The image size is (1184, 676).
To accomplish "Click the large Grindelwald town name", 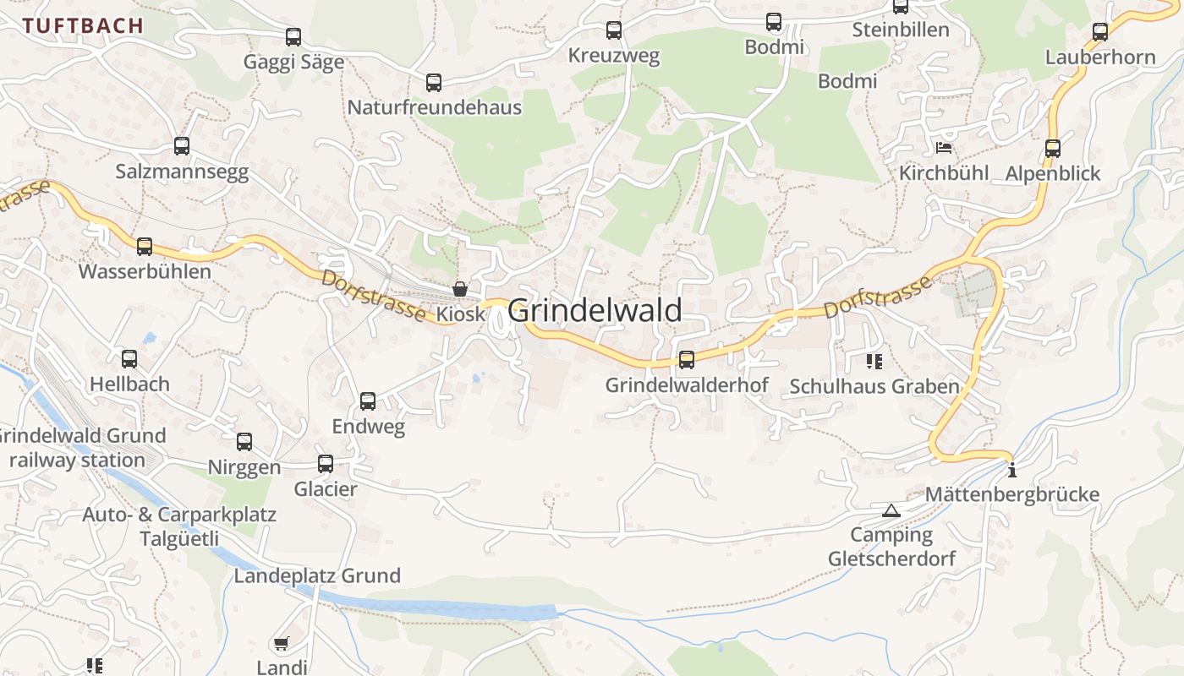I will tap(595, 311).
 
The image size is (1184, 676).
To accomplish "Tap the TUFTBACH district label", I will tap(84, 25).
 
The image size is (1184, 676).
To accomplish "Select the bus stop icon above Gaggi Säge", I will tap(293, 37).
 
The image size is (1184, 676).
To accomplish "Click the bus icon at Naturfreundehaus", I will tap(434, 83).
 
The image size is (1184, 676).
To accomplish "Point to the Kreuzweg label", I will tap(614, 57).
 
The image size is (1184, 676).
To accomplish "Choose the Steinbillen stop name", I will tap(901, 30).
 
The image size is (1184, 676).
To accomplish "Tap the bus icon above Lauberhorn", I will tap(1100, 32).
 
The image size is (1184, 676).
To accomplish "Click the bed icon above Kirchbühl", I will tap(944, 148).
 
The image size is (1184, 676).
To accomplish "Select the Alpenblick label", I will tap(1053, 174).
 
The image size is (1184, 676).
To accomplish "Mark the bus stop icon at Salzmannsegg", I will tap(182, 146).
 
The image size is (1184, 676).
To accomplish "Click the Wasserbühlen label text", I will tap(145, 272).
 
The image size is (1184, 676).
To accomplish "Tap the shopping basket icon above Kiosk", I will tap(460, 289).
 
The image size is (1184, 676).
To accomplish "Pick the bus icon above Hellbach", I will tap(129, 359).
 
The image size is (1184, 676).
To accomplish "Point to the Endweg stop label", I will tap(368, 427).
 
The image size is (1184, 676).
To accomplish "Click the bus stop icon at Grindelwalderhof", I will tap(687, 360).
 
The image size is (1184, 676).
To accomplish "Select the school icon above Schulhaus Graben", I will tap(874, 362).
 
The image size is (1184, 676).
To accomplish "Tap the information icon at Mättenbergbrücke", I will tap(1011, 469).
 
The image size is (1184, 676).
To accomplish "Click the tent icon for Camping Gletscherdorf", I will tap(891, 510).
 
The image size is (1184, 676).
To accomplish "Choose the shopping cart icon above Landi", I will tap(282, 644).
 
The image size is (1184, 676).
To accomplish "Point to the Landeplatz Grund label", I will tap(317, 576).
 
